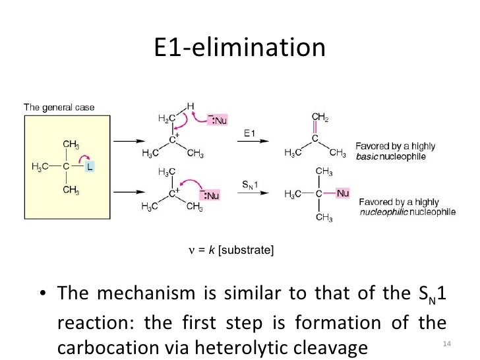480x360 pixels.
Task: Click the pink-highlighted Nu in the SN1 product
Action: pyautogui.click(x=342, y=193)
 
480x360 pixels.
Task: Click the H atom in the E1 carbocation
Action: pyautogui.click(x=190, y=107)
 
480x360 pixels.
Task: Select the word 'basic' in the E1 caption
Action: pyautogui.click(x=367, y=158)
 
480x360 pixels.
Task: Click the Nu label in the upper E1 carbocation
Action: pyautogui.click(x=220, y=121)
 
